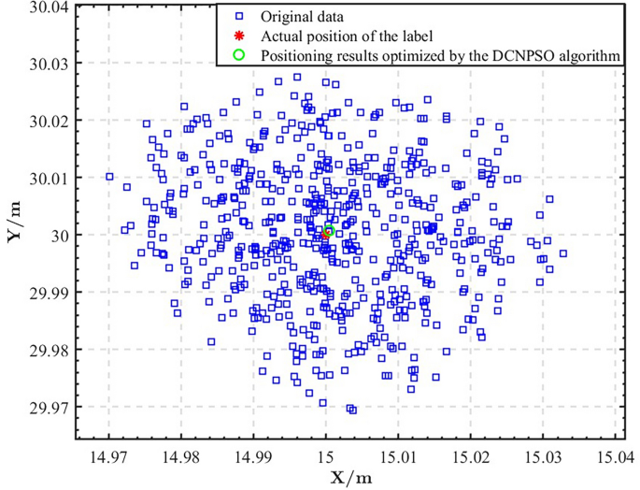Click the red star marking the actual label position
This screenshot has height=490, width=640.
pos(325,235)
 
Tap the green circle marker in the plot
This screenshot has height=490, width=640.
pos(329,231)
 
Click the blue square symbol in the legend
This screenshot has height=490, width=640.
pos(239,16)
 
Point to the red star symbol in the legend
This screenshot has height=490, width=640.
pos(239,36)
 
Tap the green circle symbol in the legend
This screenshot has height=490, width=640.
pos(239,55)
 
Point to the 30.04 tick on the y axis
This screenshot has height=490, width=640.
pos(48,7)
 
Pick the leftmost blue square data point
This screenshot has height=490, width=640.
pos(109,176)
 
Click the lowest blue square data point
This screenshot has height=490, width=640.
pos(351,410)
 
